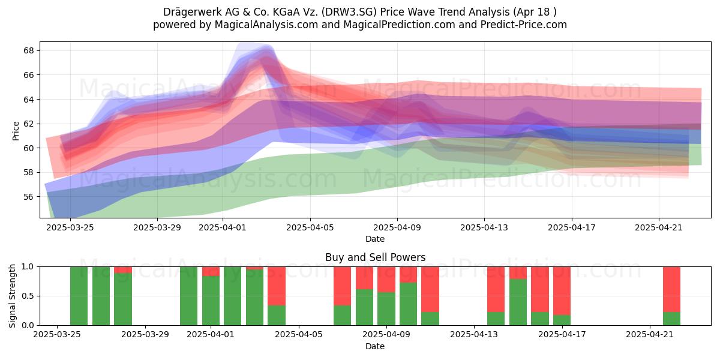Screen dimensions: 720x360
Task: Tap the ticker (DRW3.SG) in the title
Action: click(350, 12)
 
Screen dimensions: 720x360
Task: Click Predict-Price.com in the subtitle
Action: click(523, 25)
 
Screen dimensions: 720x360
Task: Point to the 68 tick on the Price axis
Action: click(29, 51)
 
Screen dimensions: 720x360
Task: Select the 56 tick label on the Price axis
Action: click(29, 197)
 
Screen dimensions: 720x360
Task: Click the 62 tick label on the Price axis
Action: click(29, 124)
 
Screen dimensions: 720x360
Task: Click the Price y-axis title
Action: click(16, 131)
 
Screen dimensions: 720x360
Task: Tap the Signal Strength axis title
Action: click(12, 296)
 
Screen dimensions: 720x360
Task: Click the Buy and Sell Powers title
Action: click(375, 257)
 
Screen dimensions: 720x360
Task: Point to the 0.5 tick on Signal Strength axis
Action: click(28, 296)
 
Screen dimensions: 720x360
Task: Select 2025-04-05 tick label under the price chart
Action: click(310, 227)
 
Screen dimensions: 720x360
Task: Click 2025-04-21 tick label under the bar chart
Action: click(650, 334)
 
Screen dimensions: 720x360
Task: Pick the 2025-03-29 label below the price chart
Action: click(157, 227)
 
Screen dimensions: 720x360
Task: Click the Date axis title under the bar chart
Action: click(375, 346)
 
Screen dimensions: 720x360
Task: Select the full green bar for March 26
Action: click(79, 296)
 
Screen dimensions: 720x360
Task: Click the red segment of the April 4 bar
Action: click(277, 286)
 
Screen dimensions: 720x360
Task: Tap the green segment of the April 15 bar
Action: click(518, 302)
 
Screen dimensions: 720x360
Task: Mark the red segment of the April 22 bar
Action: click(672, 289)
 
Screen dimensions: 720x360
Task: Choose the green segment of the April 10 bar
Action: click(408, 304)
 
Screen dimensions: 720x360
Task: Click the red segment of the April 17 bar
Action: click(562, 291)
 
